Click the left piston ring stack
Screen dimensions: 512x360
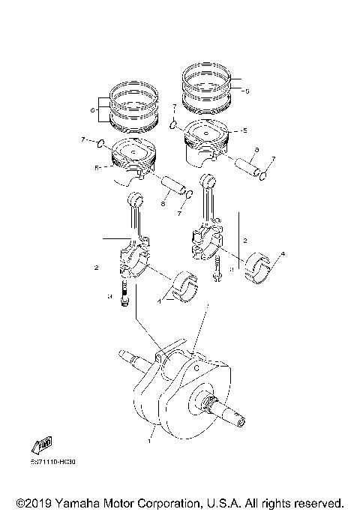click(x=133, y=106)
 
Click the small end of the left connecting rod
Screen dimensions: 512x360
click(x=136, y=200)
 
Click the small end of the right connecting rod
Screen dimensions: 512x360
click(x=210, y=181)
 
